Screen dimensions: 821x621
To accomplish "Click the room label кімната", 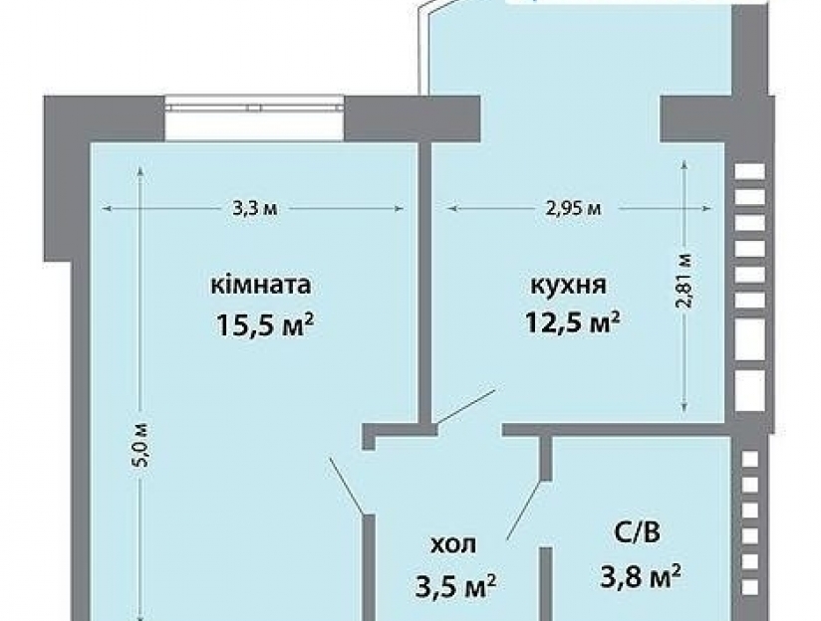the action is click(261, 286).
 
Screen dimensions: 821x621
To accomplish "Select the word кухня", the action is click(569, 287).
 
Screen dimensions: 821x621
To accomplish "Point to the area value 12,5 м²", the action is click(572, 321).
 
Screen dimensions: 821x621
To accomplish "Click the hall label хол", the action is click(453, 544).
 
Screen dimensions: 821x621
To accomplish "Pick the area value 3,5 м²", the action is click(455, 586).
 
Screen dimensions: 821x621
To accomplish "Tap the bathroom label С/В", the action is click(637, 533).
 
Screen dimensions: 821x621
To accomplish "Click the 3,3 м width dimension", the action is click(254, 209).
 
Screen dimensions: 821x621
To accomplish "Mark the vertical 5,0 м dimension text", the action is click(142, 444).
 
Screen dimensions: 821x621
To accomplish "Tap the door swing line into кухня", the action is click(466, 406).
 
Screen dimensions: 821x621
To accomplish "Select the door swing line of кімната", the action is click(346, 485).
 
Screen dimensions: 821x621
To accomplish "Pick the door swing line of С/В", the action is click(524, 510).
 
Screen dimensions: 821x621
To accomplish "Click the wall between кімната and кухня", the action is click(424, 283).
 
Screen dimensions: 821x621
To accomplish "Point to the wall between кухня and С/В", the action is click(617, 430).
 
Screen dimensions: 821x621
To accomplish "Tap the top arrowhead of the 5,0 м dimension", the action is click(139, 171).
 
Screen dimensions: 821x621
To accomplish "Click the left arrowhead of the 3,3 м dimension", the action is click(106, 209).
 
